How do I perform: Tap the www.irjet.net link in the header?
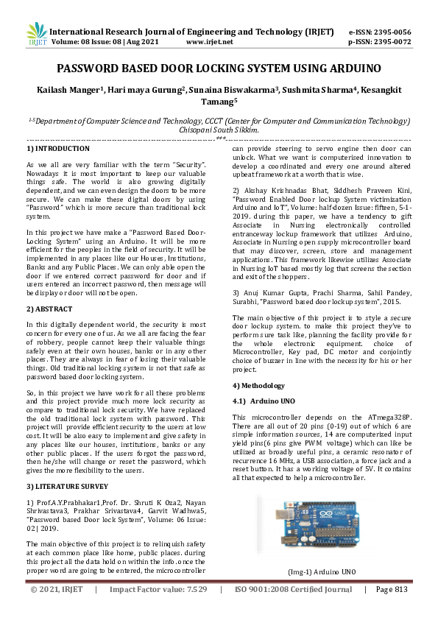pos(210,42)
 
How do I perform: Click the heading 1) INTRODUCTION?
pos(53,148)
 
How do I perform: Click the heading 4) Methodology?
pos(259,385)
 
